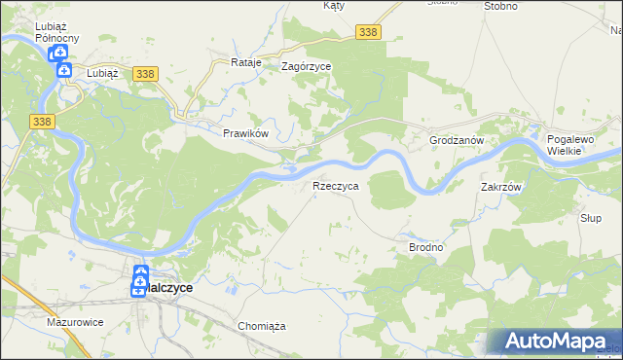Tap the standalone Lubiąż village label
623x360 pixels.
(101, 72)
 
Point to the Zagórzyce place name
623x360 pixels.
(306, 66)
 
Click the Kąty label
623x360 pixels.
(334, 6)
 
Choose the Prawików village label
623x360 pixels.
(244, 133)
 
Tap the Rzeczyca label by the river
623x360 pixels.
(336, 185)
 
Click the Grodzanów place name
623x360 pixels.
(457, 140)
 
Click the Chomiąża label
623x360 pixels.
(261, 326)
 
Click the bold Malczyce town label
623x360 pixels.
(169, 289)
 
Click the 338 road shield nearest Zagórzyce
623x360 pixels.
(368, 32)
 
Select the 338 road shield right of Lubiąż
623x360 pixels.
(144, 74)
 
